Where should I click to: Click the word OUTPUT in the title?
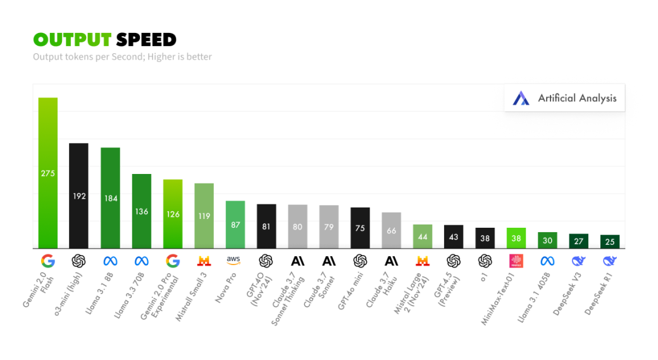(x=73, y=39)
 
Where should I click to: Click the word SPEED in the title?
(x=146, y=39)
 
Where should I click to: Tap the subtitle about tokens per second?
(x=122, y=57)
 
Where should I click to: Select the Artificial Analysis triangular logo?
(x=521, y=98)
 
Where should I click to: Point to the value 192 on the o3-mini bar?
(x=78, y=196)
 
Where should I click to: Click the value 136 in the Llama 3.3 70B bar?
(x=141, y=211)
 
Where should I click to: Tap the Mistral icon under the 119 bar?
(x=204, y=261)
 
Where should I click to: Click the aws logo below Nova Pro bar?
(x=234, y=261)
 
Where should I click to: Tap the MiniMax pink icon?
(x=516, y=261)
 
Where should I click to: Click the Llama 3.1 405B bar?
(x=547, y=240)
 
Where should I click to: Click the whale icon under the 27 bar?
(x=578, y=261)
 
